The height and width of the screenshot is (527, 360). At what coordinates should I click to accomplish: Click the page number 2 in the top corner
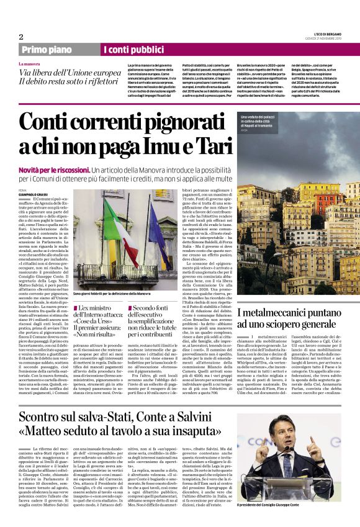tap(22, 36)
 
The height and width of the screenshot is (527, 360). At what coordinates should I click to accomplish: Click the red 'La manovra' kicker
tap(30, 64)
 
